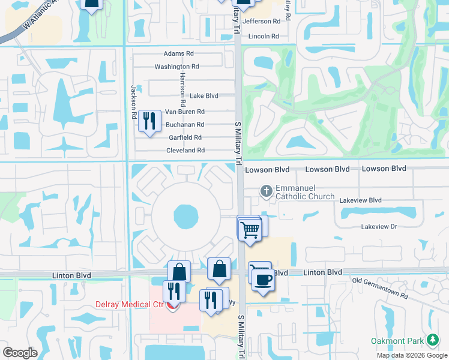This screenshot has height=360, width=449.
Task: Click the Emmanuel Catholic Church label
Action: click(304, 191)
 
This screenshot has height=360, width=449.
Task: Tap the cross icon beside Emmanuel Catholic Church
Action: click(267, 191)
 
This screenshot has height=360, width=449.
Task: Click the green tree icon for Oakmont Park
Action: click(432, 340)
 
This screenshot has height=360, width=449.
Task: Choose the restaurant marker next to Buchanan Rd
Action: click(148, 121)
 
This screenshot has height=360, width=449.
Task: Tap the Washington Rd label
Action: click(176, 67)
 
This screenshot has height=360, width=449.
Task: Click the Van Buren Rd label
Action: click(185, 112)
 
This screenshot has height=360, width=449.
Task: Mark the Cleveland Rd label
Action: click(185, 150)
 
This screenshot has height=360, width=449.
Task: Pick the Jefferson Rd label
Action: click(262, 21)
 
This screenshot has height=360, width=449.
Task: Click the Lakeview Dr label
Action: click(379, 226)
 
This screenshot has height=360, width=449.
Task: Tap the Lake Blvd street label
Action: click(203, 95)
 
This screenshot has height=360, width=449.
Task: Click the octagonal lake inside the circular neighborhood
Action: click(185, 215)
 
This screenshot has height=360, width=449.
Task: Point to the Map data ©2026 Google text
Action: click(411, 355)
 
